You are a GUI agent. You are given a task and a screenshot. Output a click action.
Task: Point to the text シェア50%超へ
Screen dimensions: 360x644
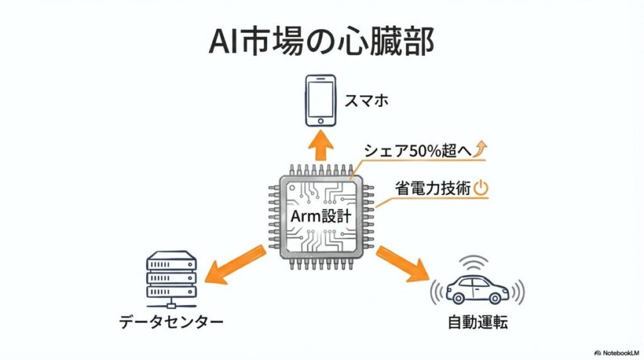416,151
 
